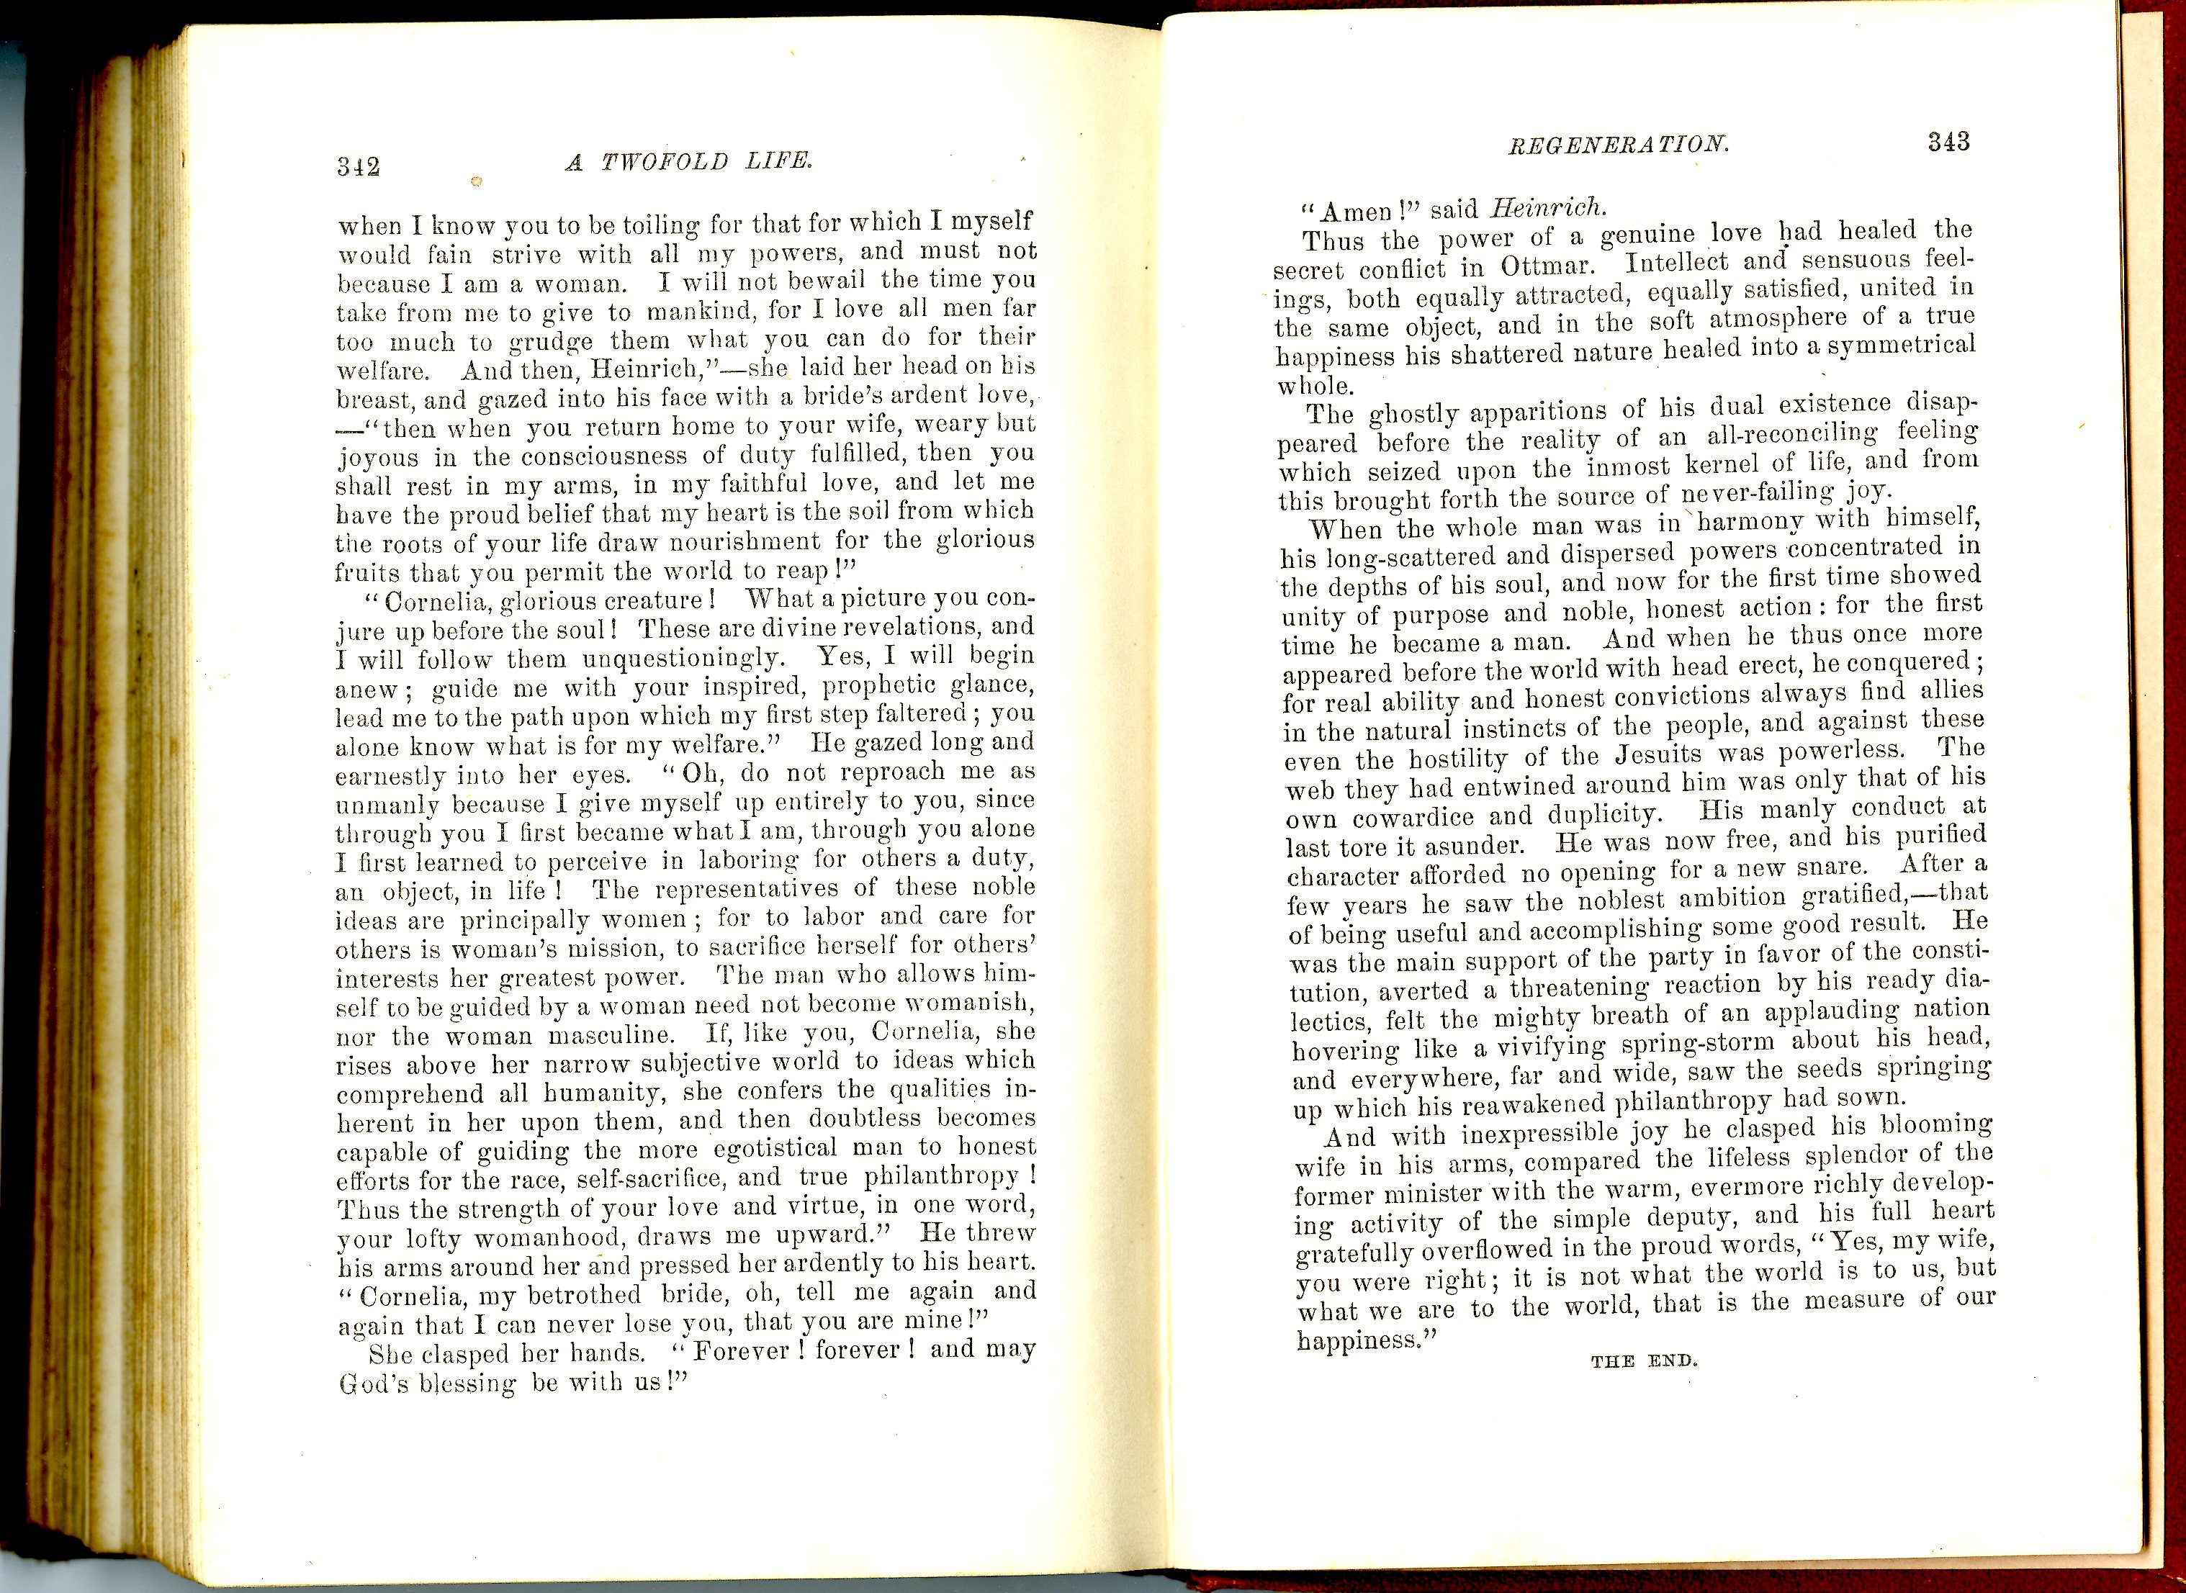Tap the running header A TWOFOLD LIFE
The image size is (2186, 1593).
click(688, 161)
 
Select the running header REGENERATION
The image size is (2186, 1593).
click(1618, 145)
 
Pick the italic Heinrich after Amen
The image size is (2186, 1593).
click(1547, 207)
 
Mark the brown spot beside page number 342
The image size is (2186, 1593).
click(474, 181)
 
